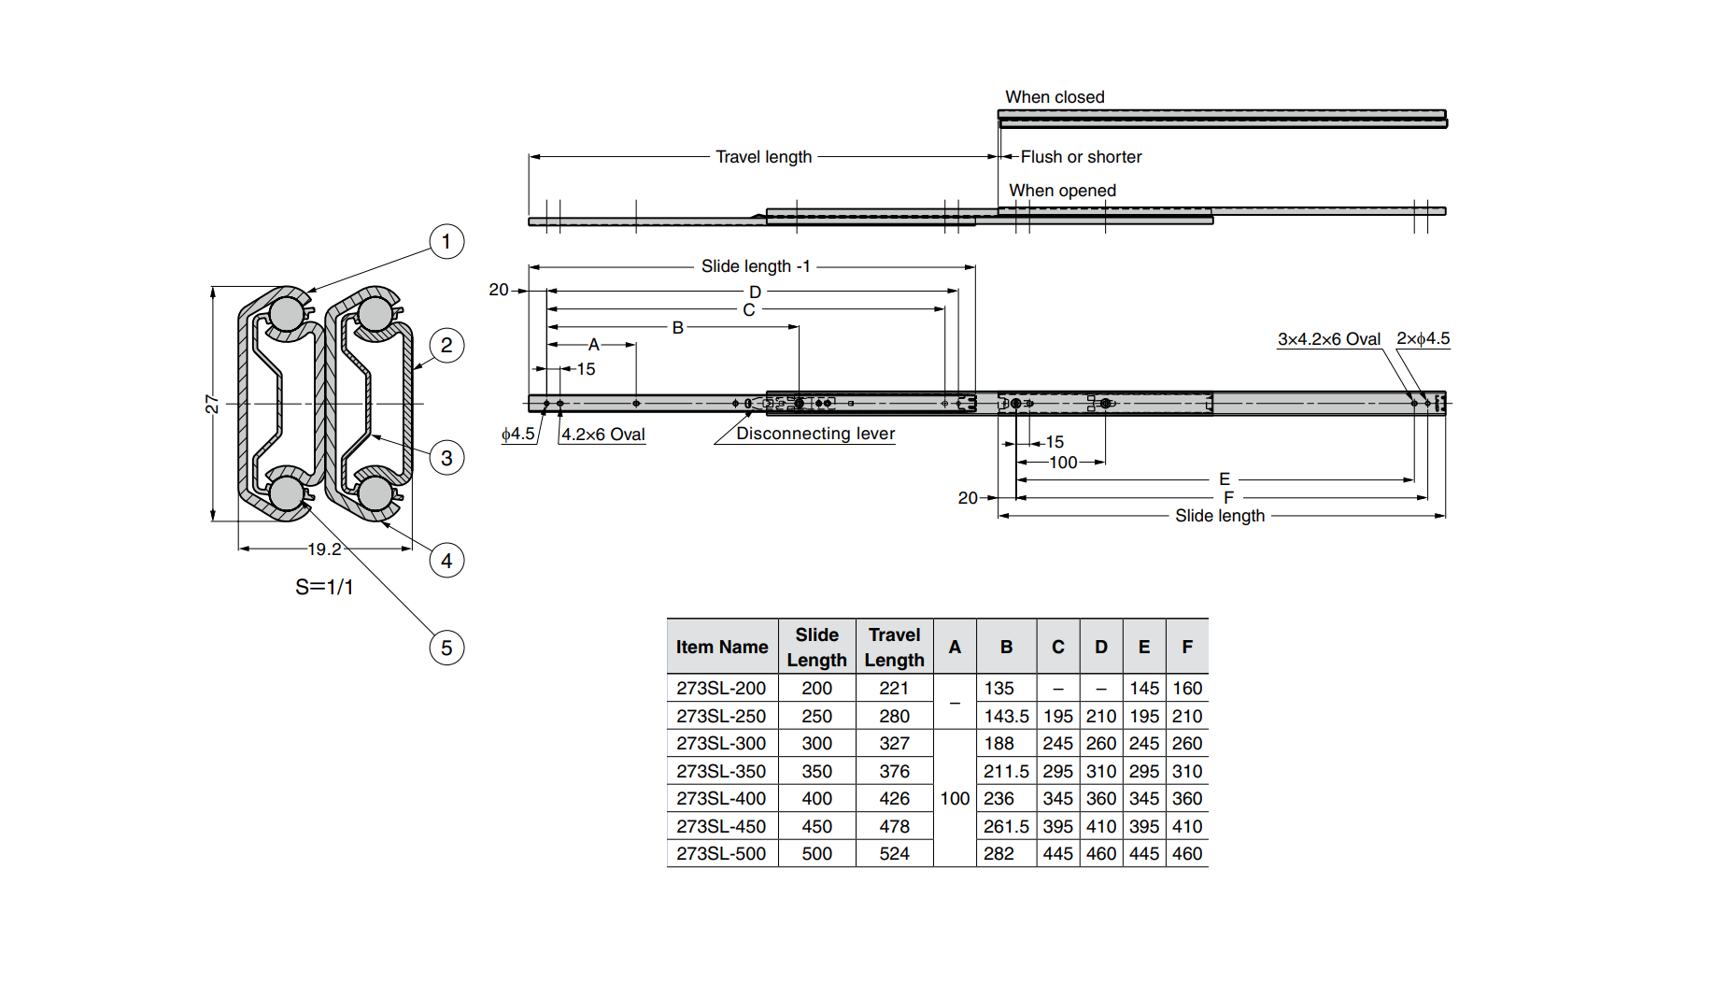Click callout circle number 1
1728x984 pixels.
446,242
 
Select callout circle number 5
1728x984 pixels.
446,649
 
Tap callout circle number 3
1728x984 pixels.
446,458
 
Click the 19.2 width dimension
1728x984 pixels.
324,549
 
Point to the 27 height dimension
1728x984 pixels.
212,404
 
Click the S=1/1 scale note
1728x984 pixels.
324,587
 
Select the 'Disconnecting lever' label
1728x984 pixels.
814,434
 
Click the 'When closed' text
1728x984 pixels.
1055,97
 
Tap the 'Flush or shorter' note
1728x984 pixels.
1081,157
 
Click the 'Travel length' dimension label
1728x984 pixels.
763,157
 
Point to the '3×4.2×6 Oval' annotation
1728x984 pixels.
1328,339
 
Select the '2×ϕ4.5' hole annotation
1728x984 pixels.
1423,338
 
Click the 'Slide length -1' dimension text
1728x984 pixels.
756,266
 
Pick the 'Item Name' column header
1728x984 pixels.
722,647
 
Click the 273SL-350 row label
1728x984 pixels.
721,771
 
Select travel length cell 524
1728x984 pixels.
894,853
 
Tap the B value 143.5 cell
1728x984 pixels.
1006,716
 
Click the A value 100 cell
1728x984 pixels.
955,798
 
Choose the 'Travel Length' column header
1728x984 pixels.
894,647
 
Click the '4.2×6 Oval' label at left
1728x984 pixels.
602,435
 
